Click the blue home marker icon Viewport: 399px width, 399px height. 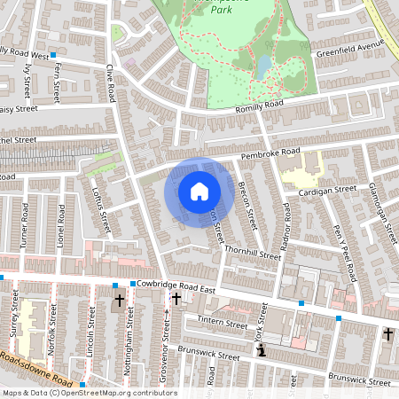pos(199,191)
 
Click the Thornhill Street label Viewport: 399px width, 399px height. pos(252,254)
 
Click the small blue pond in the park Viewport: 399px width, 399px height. pos(264,65)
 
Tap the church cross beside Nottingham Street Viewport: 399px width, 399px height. pos(120,301)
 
